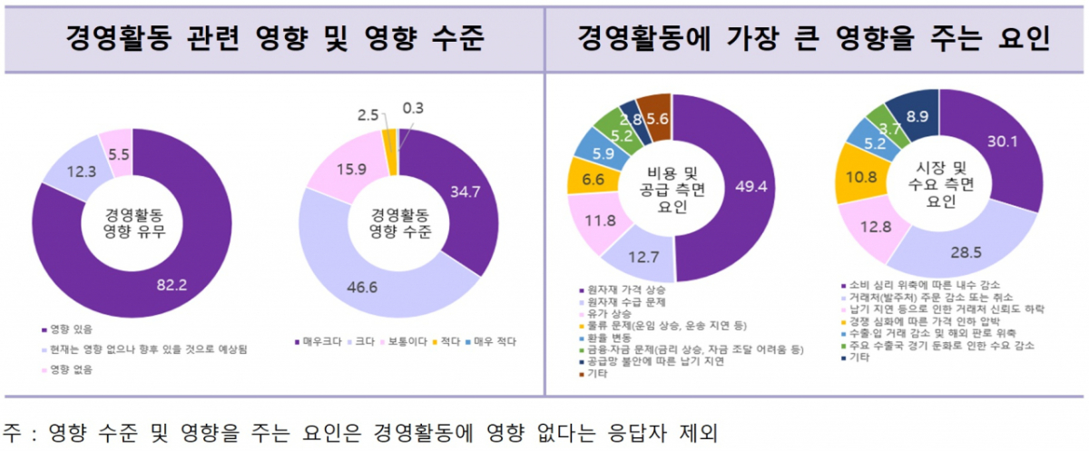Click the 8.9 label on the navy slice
pos(917,115)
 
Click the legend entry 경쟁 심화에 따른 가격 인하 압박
pos(913,321)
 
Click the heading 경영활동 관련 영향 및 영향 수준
pos(272,38)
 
